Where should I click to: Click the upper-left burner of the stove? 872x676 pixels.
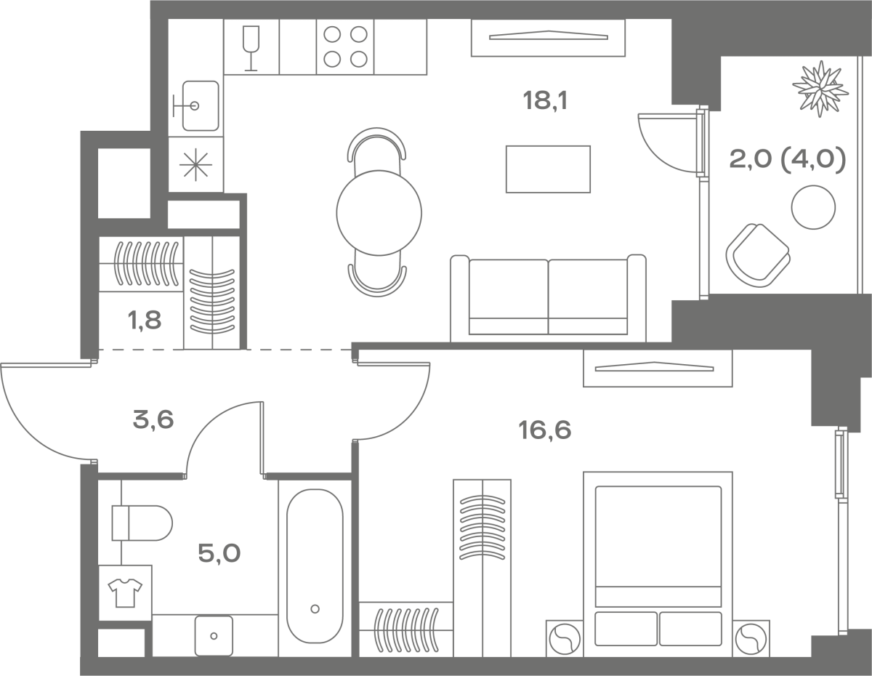tap(332, 34)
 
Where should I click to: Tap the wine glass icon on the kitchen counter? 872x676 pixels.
tap(251, 49)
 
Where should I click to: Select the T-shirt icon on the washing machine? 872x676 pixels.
tap(125, 593)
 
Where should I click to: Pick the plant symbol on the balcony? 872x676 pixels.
tap(820, 89)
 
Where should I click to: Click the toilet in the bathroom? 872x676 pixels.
tap(142, 523)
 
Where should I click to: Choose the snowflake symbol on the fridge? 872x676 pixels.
tap(195, 164)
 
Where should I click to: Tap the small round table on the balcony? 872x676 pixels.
tap(813, 207)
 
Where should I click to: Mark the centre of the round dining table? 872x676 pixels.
tap(379, 213)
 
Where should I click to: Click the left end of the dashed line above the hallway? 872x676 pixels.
tap(99, 350)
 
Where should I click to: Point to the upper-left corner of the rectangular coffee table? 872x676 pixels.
tap(506, 145)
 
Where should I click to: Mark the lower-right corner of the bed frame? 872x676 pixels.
tap(732, 656)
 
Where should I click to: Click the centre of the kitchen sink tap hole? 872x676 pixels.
tap(195, 106)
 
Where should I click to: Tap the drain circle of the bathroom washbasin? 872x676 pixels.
tap(214, 636)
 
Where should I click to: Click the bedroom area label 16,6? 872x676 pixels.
tap(544, 430)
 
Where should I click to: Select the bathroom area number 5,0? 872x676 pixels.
tap(219, 553)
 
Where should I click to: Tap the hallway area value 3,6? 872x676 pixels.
tap(153, 420)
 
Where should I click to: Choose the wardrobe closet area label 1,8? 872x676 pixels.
tap(145, 321)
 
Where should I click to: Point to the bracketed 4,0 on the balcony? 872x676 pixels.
tap(812, 159)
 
